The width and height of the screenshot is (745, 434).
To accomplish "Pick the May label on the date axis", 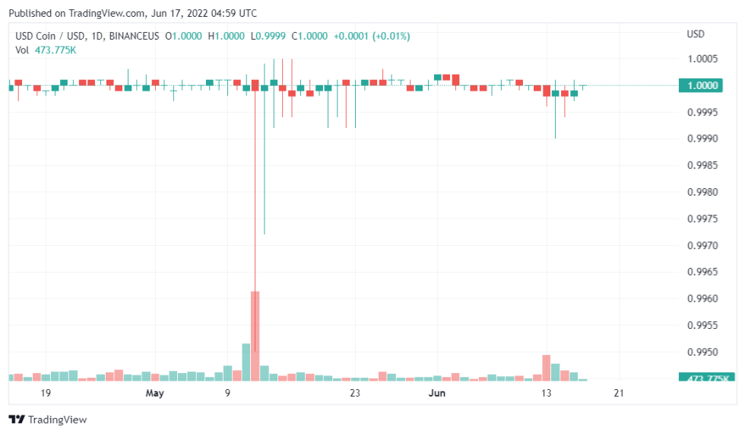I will coord(155,393).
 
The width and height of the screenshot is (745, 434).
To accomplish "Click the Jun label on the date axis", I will coord(437,393).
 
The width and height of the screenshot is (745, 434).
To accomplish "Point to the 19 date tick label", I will coord(46,393).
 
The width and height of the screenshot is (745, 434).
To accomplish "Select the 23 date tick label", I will coord(355,393).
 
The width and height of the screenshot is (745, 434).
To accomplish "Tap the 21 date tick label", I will coord(619,393).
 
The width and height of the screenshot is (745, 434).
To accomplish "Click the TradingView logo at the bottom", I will coord(47,420).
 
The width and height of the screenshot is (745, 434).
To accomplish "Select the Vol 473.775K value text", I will coord(55,49).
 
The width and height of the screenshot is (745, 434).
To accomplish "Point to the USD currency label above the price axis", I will coord(696,34).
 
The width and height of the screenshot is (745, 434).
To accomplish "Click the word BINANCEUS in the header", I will coord(135,35).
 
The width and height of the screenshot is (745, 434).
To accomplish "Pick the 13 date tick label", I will coord(546,393).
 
